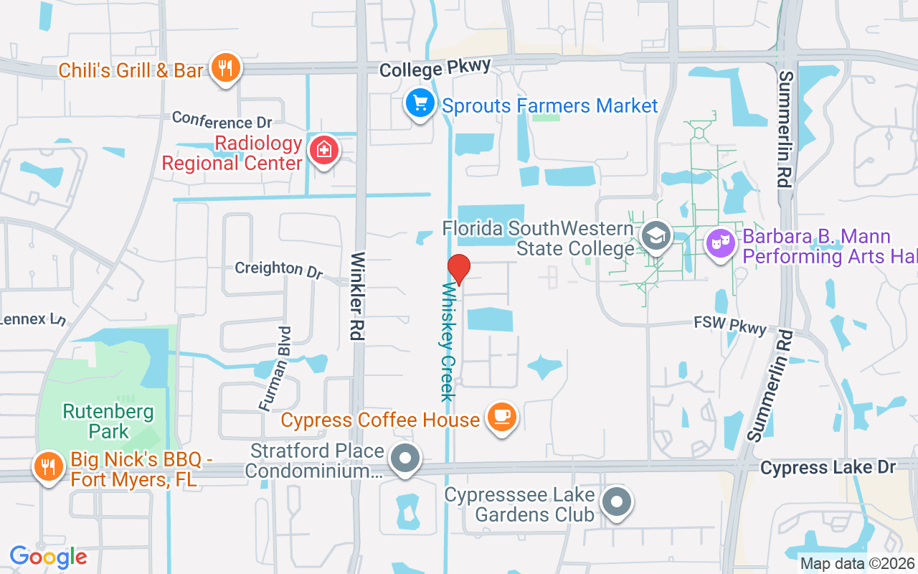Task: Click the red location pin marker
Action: pos(459,269)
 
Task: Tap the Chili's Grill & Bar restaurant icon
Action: pos(226,69)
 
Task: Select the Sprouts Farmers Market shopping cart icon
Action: pos(420,104)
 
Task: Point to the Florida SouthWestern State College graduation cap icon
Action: pos(655,236)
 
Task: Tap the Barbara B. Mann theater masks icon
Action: pos(721,243)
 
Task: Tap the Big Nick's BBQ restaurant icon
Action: pos(49,467)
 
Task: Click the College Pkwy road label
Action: pos(435,68)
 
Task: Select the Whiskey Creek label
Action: pos(448,342)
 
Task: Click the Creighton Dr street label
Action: pos(279,269)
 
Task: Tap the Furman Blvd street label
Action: pos(275,369)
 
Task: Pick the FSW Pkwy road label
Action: pos(729,324)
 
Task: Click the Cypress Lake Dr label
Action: pos(828,468)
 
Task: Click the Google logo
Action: pos(48,556)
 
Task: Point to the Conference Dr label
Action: pos(222,119)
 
